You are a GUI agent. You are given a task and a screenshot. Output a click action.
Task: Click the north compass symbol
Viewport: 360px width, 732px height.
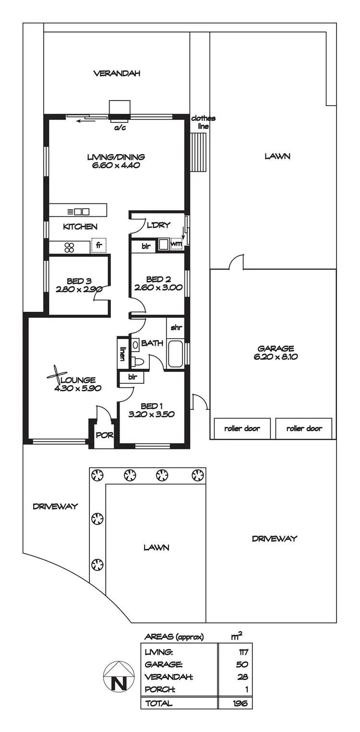pyautogui.click(x=118, y=676)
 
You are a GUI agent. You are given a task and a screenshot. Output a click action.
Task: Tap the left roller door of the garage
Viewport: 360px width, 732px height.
pyautogui.click(x=242, y=428)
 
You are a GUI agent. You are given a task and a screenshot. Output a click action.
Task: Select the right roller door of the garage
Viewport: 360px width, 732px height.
pyautogui.click(x=304, y=428)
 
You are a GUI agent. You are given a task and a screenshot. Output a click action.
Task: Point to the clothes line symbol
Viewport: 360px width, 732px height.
pyautogui.click(x=198, y=152)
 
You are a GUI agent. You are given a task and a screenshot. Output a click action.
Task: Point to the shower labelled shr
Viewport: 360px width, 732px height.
pyautogui.click(x=175, y=328)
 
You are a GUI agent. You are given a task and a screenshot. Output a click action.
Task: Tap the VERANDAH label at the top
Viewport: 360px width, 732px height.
pyautogui.click(x=117, y=73)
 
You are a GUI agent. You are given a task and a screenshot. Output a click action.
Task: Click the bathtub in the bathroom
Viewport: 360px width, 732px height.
pyautogui.click(x=175, y=354)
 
